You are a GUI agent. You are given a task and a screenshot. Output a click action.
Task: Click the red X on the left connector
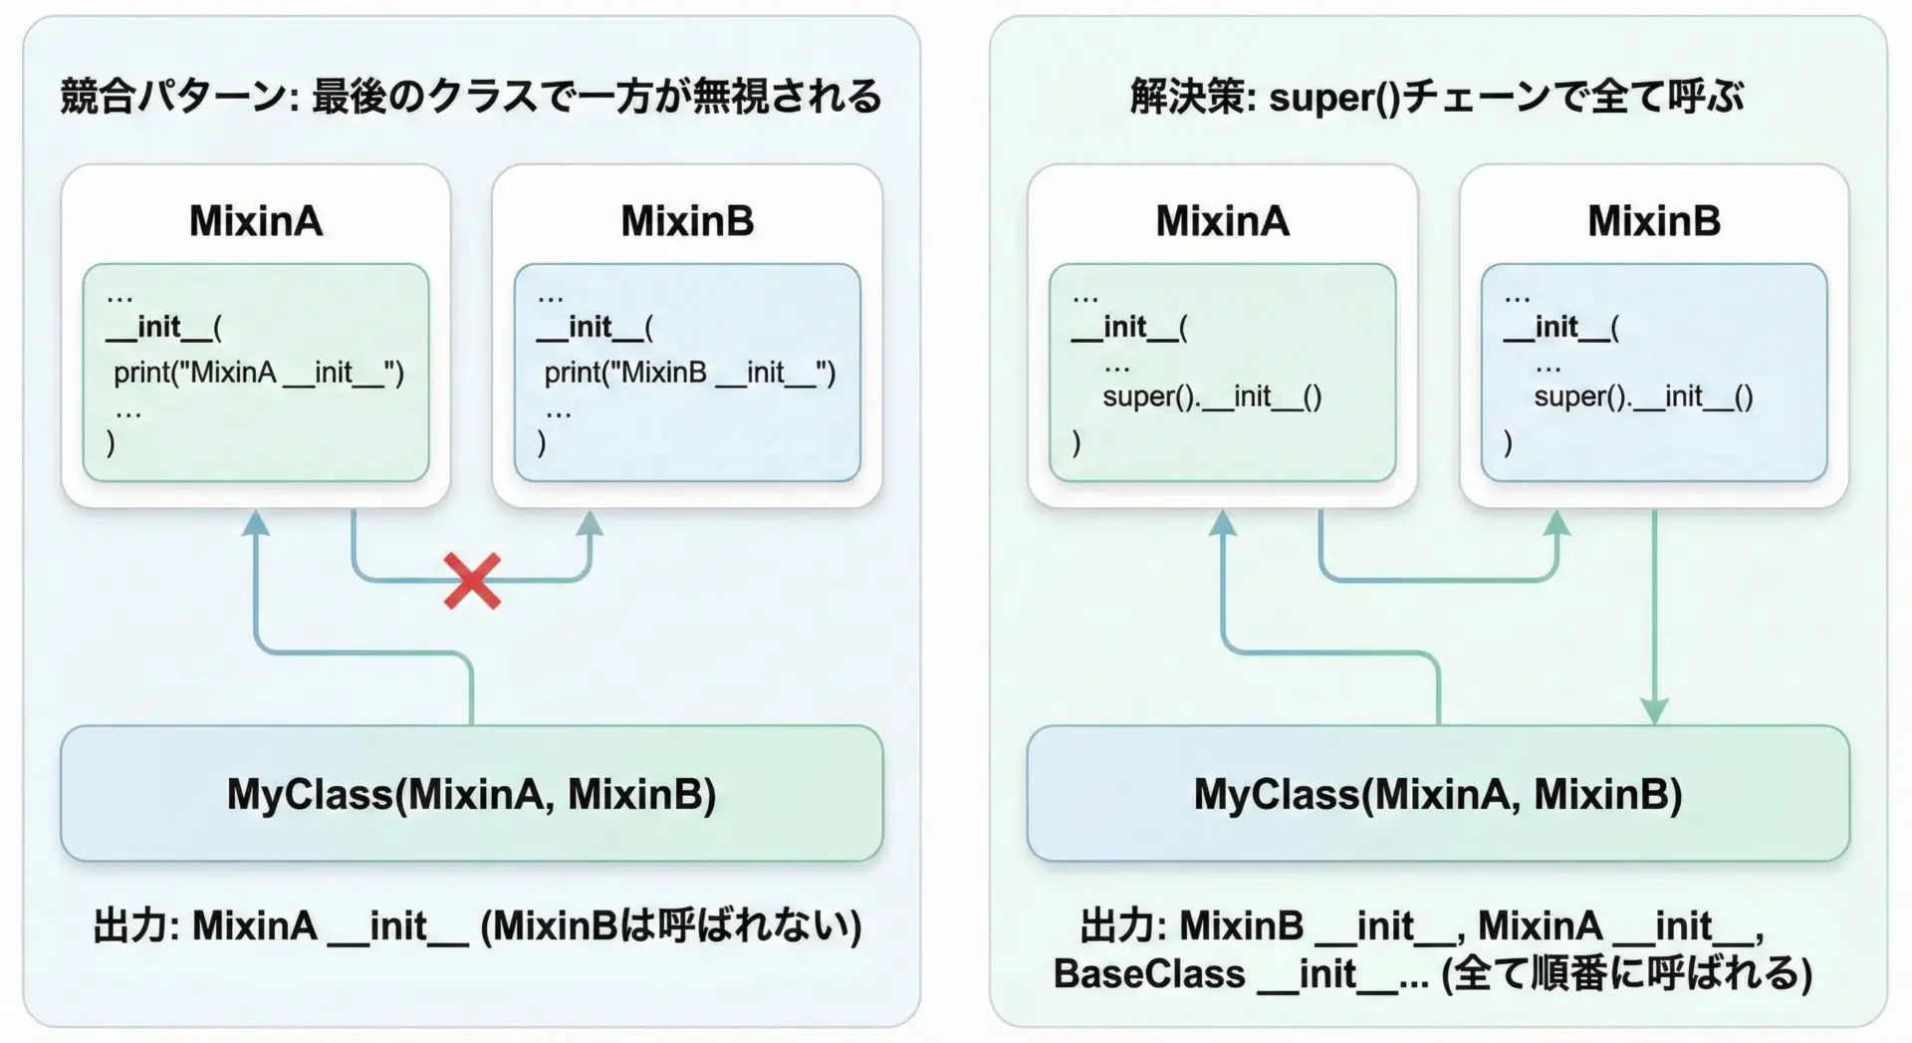[472, 582]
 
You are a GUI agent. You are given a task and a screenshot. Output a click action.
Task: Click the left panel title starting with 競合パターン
[471, 97]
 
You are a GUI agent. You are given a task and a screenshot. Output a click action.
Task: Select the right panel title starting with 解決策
[1437, 97]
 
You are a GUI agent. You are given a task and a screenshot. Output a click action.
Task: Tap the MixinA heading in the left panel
[256, 221]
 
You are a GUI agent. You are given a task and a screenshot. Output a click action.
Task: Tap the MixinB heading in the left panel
[687, 221]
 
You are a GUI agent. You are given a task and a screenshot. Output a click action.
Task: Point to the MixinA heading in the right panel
[1222, 221]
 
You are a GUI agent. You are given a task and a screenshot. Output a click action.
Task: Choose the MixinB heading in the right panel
[1654, 221]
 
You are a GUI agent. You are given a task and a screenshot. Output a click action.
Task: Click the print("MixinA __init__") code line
[259, 373]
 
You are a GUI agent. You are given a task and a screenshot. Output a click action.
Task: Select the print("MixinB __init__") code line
[689, 373]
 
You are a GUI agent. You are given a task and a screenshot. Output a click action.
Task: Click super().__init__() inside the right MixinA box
[1212, 396]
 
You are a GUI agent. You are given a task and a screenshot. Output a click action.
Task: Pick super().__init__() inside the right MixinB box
[1643, 396]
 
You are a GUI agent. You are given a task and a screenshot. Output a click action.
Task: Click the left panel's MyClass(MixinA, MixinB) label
[471, 794]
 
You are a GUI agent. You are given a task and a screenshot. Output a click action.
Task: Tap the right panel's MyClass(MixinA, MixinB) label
[1438, 794]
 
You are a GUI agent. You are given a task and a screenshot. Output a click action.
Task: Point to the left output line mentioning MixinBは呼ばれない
[477, 926]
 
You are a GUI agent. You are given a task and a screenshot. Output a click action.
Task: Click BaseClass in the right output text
[1148, 973]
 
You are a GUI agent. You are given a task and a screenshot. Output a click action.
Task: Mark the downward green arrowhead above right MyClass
[1654, 710]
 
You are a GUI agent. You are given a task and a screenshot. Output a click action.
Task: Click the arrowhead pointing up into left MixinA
[256, 524]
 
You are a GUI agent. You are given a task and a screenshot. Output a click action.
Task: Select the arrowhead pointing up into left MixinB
[591, 524]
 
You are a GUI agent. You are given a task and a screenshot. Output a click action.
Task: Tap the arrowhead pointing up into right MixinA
[1222, 524]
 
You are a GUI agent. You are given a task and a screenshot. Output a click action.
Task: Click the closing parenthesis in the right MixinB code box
[1508, 441]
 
